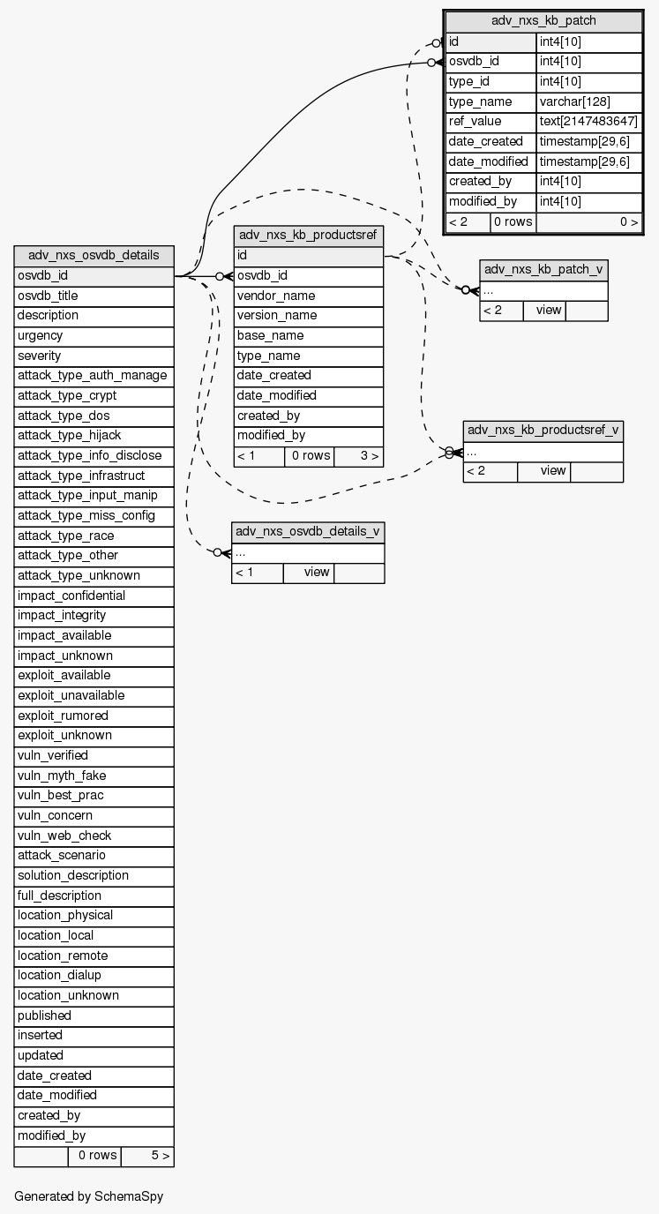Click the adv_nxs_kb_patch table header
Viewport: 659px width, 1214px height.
pos(543,21)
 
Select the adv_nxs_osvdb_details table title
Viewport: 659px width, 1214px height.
pos(94,256)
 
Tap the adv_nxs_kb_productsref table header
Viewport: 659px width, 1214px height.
pos(308,236)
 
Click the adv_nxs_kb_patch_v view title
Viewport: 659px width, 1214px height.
pos(543,270)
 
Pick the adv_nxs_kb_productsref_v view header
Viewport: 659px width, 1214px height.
pos(543,431)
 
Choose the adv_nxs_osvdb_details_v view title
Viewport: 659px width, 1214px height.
pos(308,532)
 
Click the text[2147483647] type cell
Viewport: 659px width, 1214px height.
pos(588,122)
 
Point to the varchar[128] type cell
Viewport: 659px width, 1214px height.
pos(588,101)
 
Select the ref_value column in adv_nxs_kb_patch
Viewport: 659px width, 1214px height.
pos(491,122)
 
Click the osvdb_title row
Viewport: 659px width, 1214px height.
pos(94,296)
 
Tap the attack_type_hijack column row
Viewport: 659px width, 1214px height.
pos(94,436)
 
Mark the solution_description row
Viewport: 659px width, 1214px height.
pos(94,875)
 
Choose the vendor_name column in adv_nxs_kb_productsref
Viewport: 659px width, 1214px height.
pos(308,296)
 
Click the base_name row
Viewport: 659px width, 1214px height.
pos(308,336)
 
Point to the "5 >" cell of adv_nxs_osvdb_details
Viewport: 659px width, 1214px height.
pos(147,1156)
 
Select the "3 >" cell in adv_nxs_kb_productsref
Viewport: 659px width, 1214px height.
pos(358,456)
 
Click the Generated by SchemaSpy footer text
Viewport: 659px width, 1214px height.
pos(88,1197)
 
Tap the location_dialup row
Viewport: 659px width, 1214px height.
pos(94,976)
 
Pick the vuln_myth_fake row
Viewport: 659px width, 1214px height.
pos(94,776)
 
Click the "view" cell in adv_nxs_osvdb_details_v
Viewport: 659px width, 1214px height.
pos(309,573)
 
